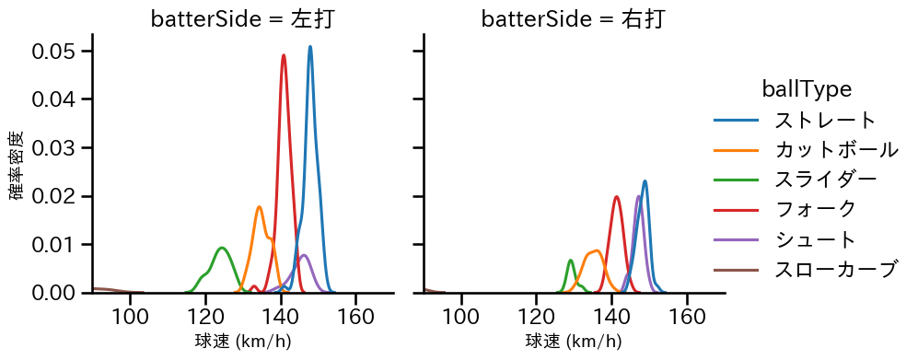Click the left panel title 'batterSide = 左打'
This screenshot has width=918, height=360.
[242, 19]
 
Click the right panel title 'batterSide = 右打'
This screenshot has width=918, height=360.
[573, 19]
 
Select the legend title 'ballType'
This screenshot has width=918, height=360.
[806, 89]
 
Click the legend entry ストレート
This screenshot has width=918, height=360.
[825, 120]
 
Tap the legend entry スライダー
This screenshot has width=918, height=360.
[825, 180]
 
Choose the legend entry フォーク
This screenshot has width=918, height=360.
[815, 210]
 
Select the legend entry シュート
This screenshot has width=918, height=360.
[815, 239]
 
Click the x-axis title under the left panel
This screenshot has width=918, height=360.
[242, 342]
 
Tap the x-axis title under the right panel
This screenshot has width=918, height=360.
[573, 342]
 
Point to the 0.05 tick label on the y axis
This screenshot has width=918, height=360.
[55, 52]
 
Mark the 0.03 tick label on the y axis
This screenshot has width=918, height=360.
[55, 148]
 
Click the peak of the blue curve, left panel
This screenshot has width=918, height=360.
[310, 47]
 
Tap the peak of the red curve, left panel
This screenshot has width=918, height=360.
[284, 55]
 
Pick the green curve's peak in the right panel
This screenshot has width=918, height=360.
[571, 261]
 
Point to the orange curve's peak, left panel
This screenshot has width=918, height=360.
[260, 206]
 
